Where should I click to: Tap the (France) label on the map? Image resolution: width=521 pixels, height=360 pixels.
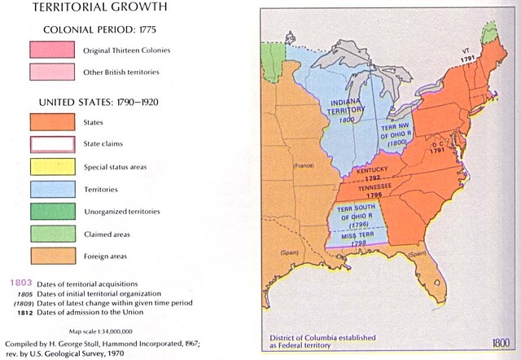click(x=304, y=165)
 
